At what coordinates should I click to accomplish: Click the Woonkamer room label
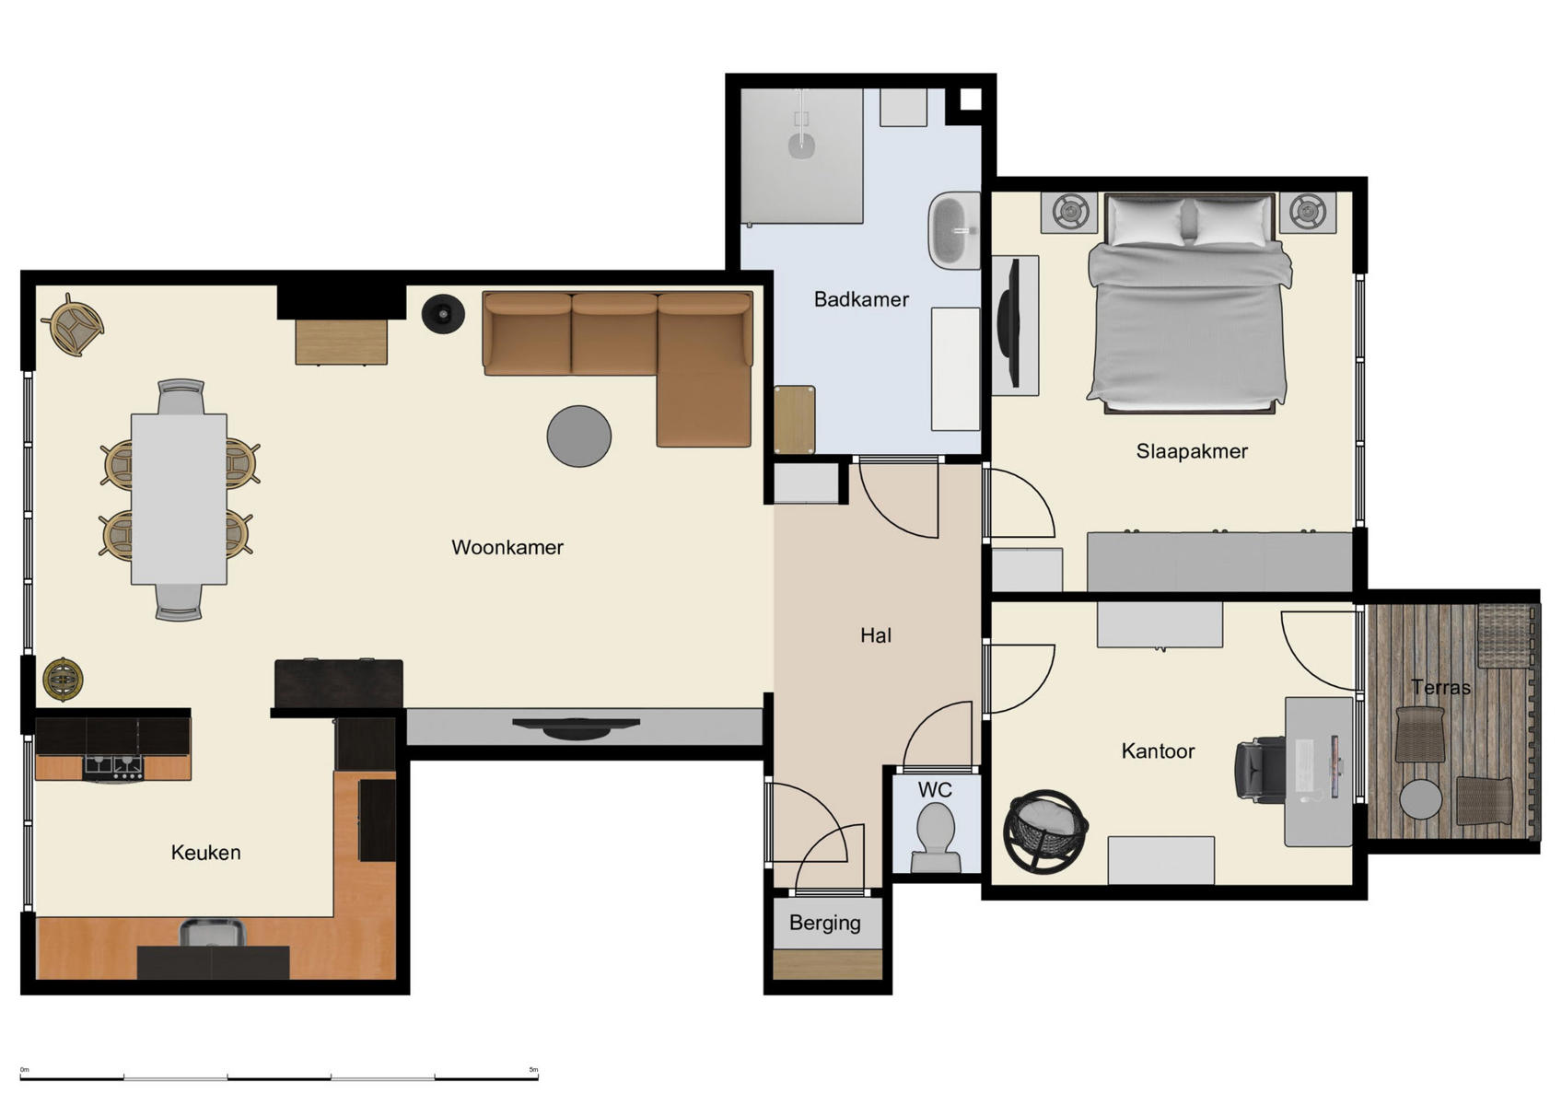click(507, 547)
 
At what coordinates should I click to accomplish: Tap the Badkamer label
click(861, 299)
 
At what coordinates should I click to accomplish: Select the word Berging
click(824, 923)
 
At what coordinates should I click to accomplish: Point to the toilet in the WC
click(936, 836)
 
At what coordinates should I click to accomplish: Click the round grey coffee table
click(578, 436)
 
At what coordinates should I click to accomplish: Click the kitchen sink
click(212, 934)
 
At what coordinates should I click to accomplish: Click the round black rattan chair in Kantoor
click(1045, 831)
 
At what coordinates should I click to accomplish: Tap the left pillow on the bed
click(1147, 221)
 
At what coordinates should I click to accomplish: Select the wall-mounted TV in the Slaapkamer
click(1010, 322)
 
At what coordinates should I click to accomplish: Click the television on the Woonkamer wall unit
click(576, 727)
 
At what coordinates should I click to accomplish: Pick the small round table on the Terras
click(1420, 799)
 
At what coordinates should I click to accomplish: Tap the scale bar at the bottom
click(279, 1076)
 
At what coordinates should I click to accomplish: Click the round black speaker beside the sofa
click(443, 314)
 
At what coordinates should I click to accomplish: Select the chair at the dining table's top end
click(181, 397)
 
